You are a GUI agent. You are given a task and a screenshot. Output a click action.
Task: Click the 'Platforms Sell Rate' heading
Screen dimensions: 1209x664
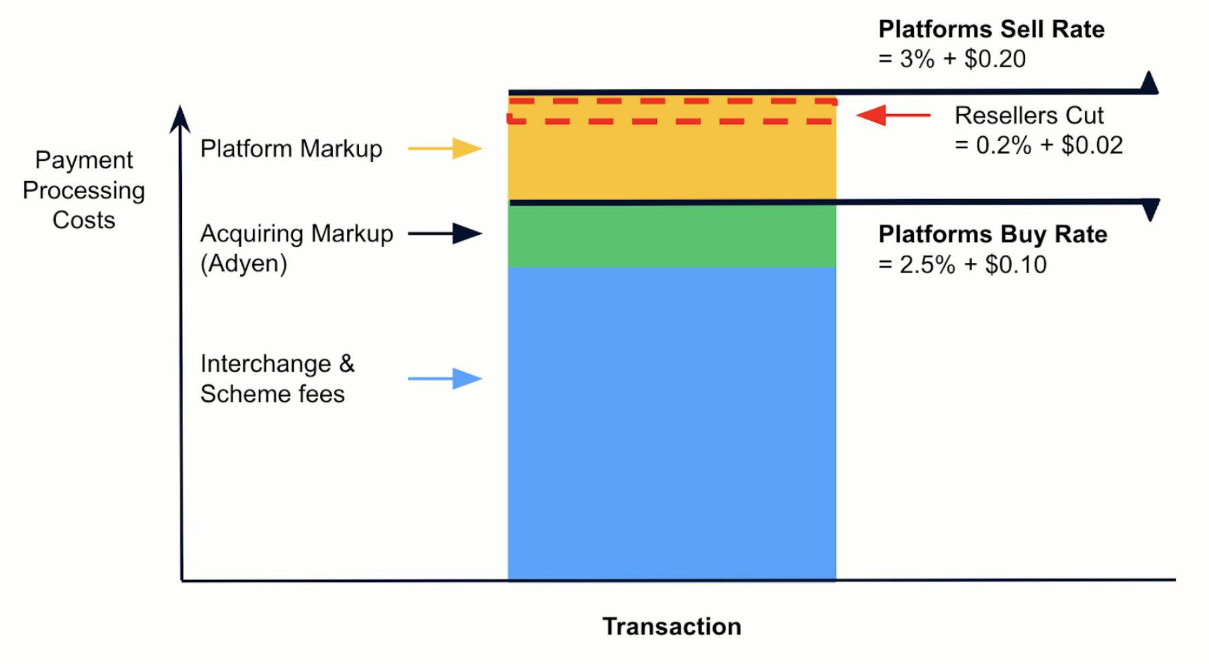pyautogui.click(x=991, y=30)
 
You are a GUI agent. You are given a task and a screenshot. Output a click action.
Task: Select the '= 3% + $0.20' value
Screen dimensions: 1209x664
pyautogui.click(x=951, y=59)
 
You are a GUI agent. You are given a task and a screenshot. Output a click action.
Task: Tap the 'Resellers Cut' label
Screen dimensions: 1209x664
pyautogui.click(x=1029, y=115)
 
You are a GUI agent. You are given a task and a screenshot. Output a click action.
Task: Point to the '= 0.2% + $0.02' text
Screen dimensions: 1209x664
pyautogui.click(x=1038, y=145)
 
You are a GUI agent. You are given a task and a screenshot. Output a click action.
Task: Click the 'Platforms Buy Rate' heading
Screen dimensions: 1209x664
pyautogui.click(x=992, y=235)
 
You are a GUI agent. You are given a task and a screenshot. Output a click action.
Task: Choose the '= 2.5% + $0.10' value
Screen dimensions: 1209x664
pyautogui.click(x=962, y=265)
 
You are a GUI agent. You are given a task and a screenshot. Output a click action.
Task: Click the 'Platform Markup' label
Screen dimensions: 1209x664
pyautogui.click(x=291, y=148)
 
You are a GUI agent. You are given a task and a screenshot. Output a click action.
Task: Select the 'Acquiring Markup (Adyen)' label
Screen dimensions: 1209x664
pyautogui.click(x=296, y=248)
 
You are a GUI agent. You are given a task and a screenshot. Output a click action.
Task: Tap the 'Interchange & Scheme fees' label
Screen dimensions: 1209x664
pyautogui.click(x=276, y=378)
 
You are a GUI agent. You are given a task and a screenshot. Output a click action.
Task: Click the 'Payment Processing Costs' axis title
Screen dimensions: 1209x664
pyautogui.click(x=84, y=190)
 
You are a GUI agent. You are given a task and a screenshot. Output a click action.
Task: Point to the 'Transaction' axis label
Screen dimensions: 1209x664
pyautogui.click(x=672, y=626)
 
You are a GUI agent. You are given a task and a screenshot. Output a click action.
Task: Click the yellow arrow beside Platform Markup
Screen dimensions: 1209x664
pyautogui.click(x=445, y=148)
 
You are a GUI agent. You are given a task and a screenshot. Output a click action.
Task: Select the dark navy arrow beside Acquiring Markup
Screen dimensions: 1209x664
pyautogui.click(x=445, y=233)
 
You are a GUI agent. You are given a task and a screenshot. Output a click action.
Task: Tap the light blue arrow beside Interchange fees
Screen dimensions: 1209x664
pyautogui.click(x=445, y=378)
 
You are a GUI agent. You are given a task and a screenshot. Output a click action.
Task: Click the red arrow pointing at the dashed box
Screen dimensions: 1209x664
pyautogui.click(x=893, y=115)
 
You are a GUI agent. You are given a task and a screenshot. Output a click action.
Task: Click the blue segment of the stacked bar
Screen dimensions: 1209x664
pyautogui.click(x=672, y=423)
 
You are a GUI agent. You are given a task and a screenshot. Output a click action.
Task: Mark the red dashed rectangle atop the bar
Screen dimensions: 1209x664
pyautogui.click(x=672, y=111)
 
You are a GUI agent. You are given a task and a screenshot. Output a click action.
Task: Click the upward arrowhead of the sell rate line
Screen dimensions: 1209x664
pyautogui.click(x=1149, y=82)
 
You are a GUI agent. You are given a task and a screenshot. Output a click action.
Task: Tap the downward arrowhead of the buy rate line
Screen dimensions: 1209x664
pyautogui.click(x=1151, y=209)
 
